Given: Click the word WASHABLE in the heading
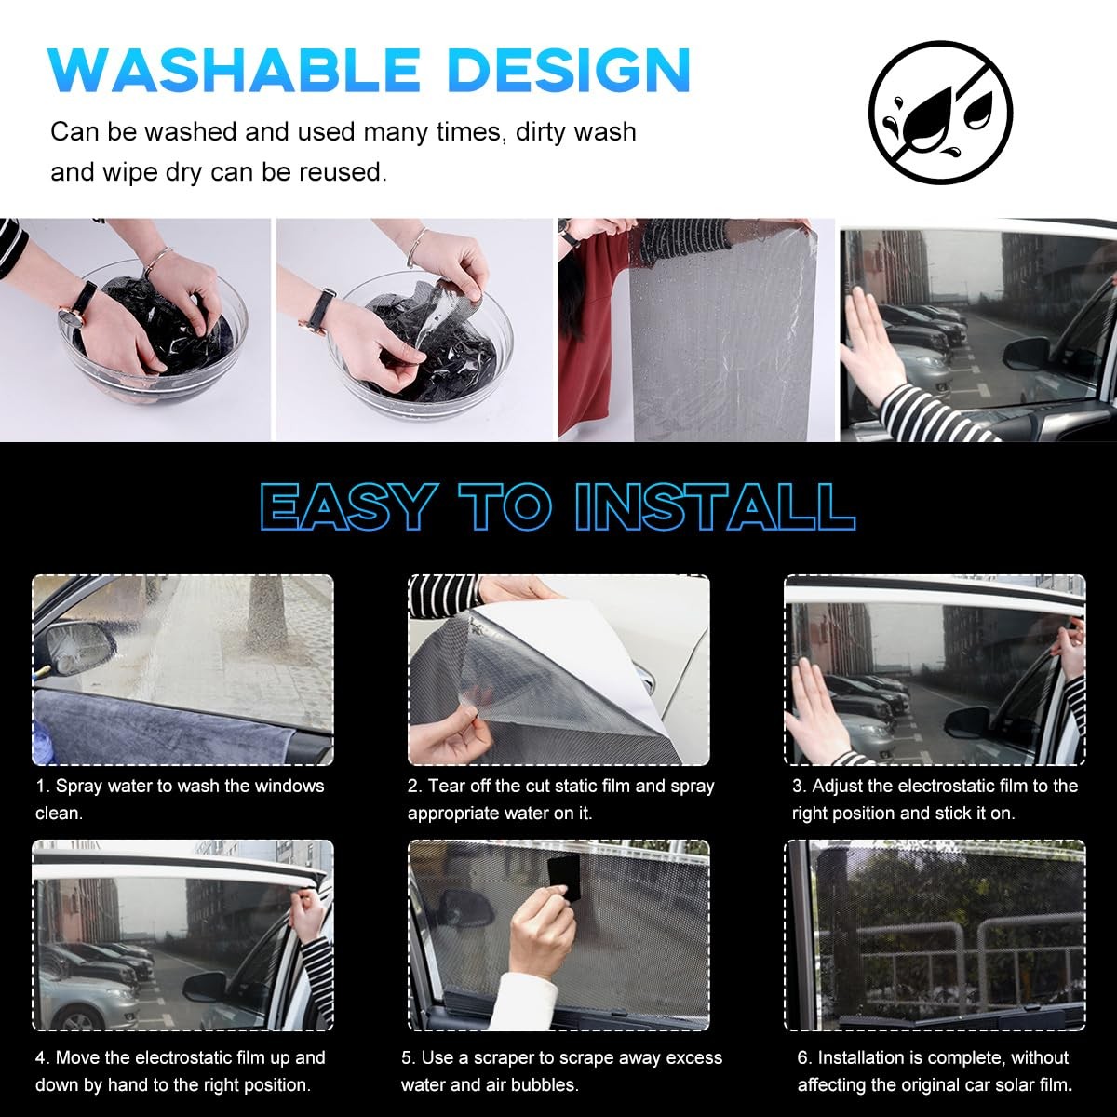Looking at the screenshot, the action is (x=235, y=70).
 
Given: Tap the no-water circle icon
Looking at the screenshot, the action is (x=940, y=113).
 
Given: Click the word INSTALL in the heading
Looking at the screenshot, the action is (x=715, y=505).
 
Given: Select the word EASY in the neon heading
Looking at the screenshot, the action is (x=347, y=505).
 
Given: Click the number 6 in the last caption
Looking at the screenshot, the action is (x=804, y=1057).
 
